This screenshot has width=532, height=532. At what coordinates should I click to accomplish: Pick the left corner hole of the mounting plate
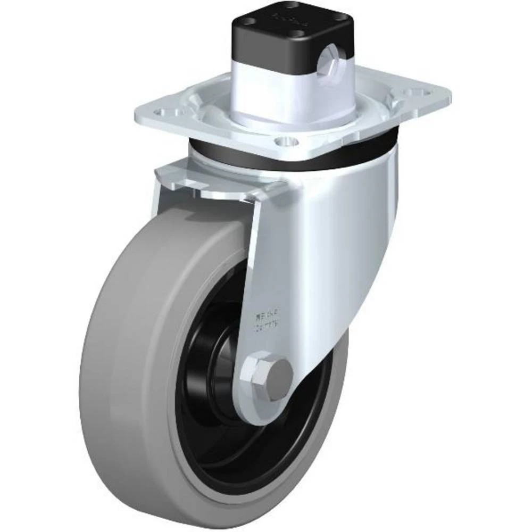(160, 112)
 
